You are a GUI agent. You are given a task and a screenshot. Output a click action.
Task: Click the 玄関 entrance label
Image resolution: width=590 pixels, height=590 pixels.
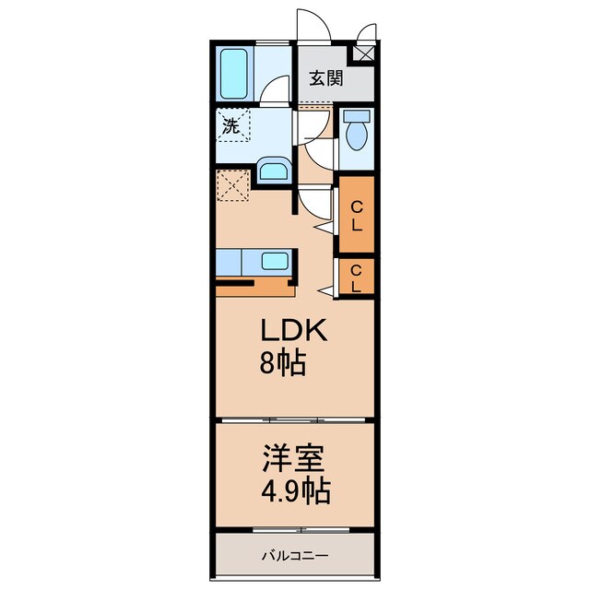[x=325, y=78]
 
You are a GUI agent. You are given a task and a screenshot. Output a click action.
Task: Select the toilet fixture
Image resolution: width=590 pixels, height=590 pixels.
[x=357, y=134]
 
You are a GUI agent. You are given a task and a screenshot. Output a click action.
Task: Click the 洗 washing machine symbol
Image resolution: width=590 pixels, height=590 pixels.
[x=231, y=126]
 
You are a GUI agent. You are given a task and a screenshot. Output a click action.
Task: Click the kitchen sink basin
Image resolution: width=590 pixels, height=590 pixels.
[x=275, y=260]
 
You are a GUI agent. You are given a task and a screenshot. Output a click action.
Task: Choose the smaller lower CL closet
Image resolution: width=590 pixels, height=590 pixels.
[x=356, y=277]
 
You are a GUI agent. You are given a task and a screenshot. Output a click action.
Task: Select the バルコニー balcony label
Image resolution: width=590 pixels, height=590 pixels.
[x=294, y=556]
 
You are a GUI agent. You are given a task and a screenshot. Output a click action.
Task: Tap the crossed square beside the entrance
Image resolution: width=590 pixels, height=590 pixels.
[x=365, y=51]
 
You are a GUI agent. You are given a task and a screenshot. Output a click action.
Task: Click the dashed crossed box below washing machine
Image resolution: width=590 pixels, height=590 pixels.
[x=233, y=185]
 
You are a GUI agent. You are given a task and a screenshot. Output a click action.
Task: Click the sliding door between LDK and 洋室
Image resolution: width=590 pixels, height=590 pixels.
[x=295, y=420]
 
